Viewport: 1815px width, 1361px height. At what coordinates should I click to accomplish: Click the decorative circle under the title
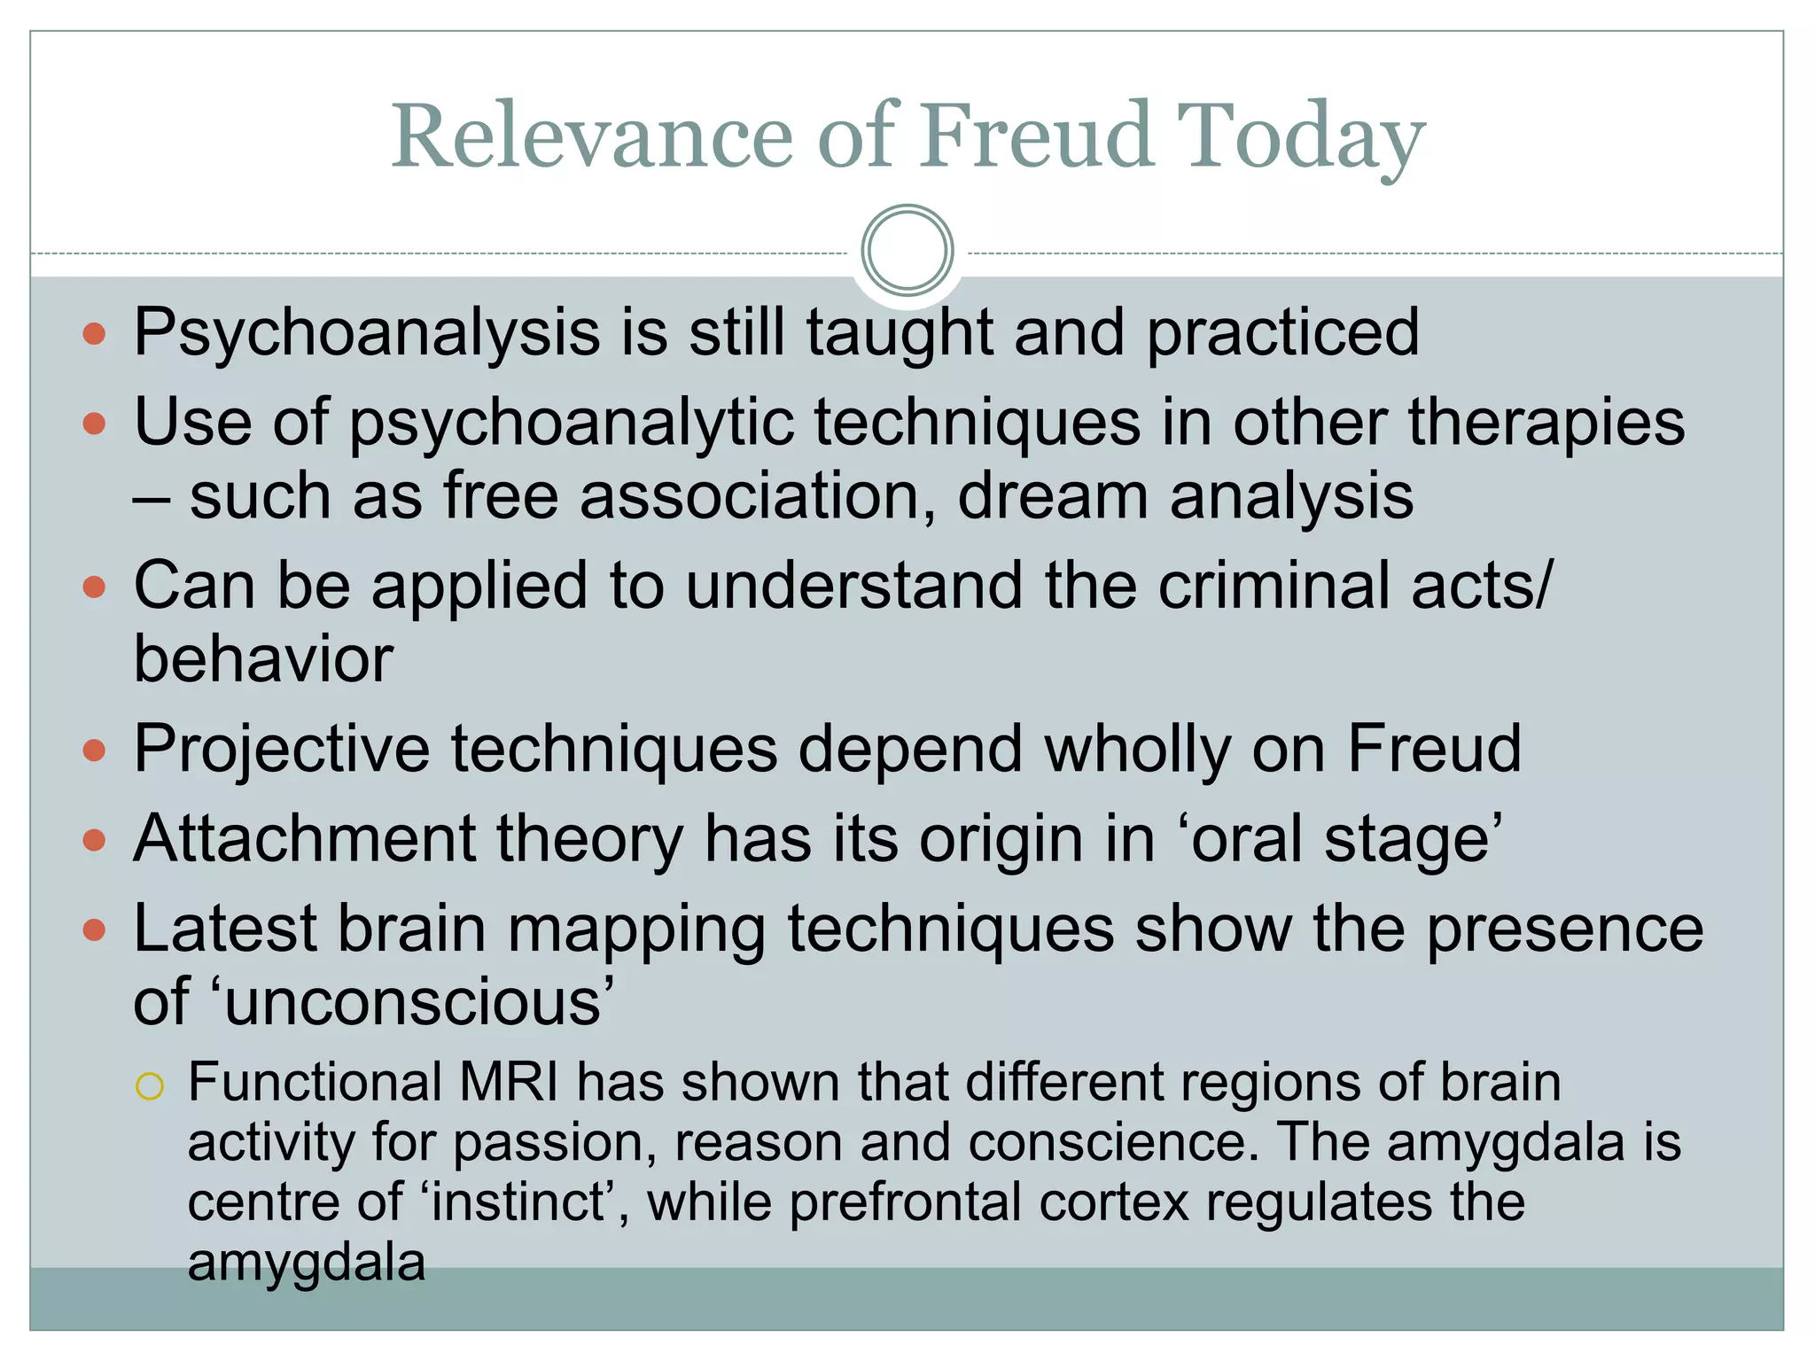tap(907, 250)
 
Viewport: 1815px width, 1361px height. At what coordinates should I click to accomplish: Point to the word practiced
tap(1282, 333)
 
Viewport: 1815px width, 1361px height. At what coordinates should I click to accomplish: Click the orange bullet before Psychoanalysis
tap(94, 335)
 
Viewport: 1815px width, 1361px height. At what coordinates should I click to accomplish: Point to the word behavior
tap(263, 660)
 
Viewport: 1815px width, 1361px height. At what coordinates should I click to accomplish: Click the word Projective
tap(282, 750)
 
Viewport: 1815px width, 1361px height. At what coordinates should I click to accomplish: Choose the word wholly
tap(1137, 750)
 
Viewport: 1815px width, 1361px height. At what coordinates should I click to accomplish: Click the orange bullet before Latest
tap(94, 930)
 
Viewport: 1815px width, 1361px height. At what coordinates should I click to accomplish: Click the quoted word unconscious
tap(413, 1002)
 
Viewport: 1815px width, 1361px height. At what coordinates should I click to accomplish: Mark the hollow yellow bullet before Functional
tap(150, 1085)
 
